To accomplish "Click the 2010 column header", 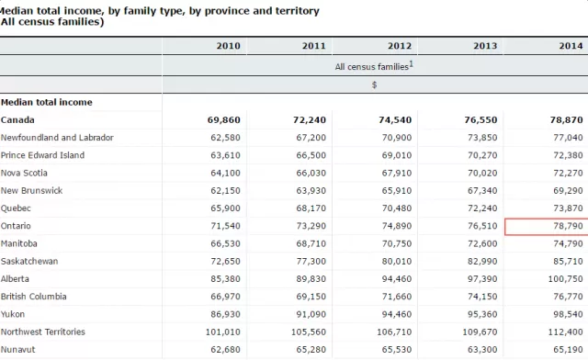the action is click(x=228, y=46).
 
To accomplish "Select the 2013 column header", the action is click(x=485, y=46).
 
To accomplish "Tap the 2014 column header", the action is click(x=571, y=46).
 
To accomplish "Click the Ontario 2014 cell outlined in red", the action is click(x=547, y=227).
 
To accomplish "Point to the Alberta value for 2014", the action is click(x=566, y=279).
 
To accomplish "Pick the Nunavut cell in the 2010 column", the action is click(x=225, y=350).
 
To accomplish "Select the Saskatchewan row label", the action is click(x=29, y=261).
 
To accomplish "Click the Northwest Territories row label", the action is click(x=43, y=332).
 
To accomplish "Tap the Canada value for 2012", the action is click(x=395, y=120).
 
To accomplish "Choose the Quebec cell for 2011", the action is click(x=311, y=208).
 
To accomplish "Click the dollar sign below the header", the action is click(x=374, y=84).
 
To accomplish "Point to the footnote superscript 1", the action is click(x=411, y=63).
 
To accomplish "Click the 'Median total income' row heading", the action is click(x=47, y=102).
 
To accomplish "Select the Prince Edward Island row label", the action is click(x=42, y=155).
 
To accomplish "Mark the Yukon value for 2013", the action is click(x=482, y=314).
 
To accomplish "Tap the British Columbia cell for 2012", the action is click(x=397, y=297).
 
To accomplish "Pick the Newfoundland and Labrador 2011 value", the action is click(x=311, y=138).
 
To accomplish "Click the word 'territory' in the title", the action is click(x=298, y=11).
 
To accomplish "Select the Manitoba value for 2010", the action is click(x=225, y=243).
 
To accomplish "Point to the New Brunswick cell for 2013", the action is click(x=482, y=190).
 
